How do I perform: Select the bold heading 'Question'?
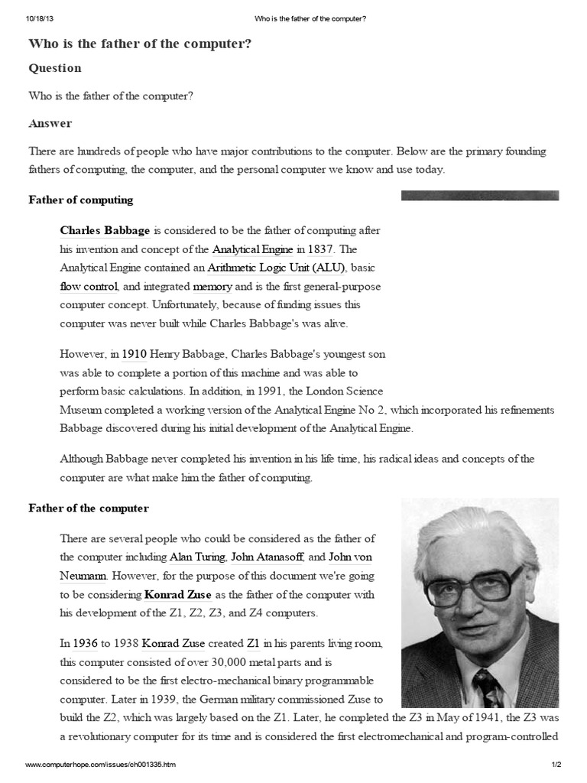coord(55,68)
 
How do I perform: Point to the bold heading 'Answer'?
coord(50,123)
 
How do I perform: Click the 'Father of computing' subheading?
coord(81,200)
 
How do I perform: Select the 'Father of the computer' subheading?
coord(89,508)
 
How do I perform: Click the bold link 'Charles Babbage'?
coord(105,230)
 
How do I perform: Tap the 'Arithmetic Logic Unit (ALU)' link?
coord(277,268)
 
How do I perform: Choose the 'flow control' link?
coord(89,286)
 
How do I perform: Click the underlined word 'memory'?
coord(212,286)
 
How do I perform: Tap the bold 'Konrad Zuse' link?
coord(177,594)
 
